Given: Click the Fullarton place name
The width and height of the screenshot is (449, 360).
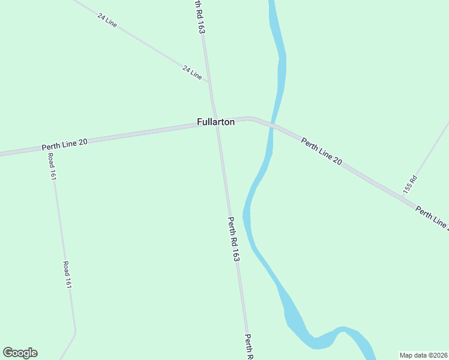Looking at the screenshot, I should (215, 122).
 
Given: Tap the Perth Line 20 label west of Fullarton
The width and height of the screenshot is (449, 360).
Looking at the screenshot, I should (65, 144).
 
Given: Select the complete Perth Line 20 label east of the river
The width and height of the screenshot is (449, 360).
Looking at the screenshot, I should (321, 152).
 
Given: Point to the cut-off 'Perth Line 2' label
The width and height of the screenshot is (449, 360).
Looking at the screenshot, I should (432, 218).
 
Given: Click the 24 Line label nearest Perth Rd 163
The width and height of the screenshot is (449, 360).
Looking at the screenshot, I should (192, 73).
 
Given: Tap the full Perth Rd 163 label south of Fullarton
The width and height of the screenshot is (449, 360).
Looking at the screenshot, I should (234, 239).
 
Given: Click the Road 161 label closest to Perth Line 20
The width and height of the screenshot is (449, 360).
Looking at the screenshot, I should (53, 167).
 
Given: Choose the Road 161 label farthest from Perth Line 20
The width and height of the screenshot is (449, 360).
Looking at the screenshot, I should (67, 275).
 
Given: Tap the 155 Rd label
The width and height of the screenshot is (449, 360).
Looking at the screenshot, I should (410, 184).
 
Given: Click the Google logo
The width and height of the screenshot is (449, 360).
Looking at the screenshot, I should (20, 353).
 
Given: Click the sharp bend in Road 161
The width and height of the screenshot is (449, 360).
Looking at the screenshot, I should (76, 332).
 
